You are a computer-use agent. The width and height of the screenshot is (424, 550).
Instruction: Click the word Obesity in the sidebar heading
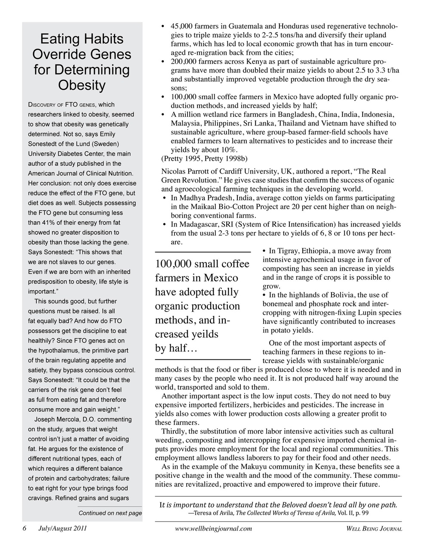click(82, 85)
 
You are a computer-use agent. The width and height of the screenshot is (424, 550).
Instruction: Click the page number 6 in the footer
click(25, 529)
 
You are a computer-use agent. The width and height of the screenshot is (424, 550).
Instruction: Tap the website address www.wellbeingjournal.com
click(214, 529)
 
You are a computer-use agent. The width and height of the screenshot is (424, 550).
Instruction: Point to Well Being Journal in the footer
click(374, 529)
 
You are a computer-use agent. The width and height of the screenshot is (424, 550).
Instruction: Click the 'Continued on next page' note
click(110, 513)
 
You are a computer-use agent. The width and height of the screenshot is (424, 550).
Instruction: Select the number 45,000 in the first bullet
click(183, 26)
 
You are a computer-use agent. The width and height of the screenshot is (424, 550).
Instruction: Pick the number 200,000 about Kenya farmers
click(185, 61)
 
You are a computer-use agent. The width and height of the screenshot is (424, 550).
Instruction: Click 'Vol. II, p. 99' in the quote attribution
click(352, 513)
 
